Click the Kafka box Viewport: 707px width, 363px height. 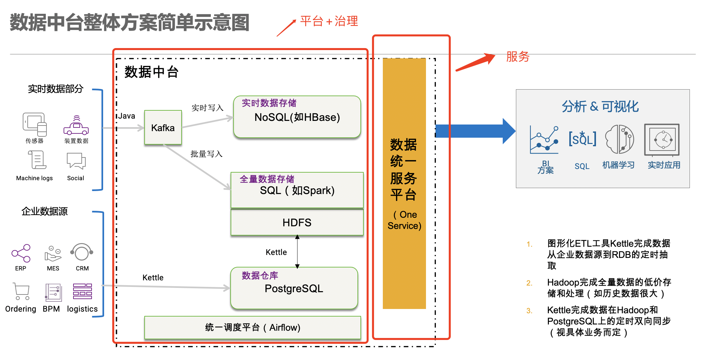click(x=163, y=127)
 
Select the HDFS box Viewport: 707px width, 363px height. click(x=297, y=222)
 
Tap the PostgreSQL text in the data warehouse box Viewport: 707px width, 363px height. click(x=294, y=289)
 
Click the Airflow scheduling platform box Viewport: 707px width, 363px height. click(x=252, y=327)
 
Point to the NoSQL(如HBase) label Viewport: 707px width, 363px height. click(x=297, y=117)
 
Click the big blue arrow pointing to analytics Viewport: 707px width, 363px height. click(x=474, y=131)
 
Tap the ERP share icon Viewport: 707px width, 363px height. click(x=21, y=253)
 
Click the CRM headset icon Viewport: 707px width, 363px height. click(x=82, y=252)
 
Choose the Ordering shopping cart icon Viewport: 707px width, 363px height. click(x=21, y=291)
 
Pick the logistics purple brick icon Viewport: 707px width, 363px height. click(x=82, y=291)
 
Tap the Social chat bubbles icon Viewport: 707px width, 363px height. click(x=76, y=161)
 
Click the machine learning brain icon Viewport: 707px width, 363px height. click(x=619, y=139)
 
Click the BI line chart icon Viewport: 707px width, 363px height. click(x=544, y=140)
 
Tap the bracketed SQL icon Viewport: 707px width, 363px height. click(x=582, y=139)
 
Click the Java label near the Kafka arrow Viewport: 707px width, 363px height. click(x=127, y=116)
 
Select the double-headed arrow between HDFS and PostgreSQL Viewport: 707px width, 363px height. click(x=297, y=252)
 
